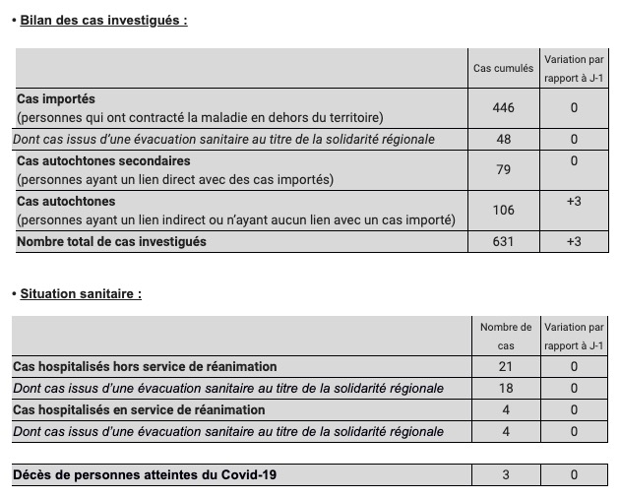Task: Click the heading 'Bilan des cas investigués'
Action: coord(103,20)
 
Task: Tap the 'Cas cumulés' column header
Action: coord(503,68)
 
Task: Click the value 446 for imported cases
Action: coord(503,108)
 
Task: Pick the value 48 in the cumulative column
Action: coord(503,140)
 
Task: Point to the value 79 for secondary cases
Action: coord(503,170)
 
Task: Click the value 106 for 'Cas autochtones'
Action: coord(503,211)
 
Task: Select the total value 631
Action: coord(503,242)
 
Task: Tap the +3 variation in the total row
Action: coord(574,242)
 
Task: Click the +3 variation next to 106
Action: coord(574,201)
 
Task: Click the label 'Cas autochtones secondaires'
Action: coord(103,160)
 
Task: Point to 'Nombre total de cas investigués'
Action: coord(111,242)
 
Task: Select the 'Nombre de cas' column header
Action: coord(506,336)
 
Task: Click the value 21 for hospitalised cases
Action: coord(506,367)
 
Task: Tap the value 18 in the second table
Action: coord(506,389)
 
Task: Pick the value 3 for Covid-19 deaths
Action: coord(506,475)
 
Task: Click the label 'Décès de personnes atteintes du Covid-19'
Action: coord(145,475)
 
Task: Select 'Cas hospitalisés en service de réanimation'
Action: coord(139,410)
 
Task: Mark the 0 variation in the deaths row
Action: coord(574,475)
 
